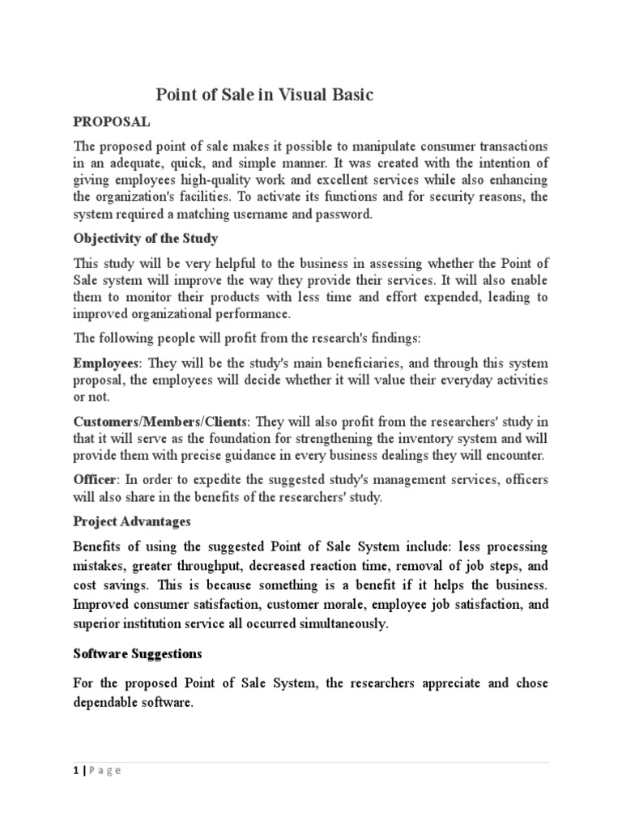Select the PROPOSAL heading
click(x=112, y=121)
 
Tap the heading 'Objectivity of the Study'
click(x=145, y=240)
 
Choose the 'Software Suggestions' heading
click(x=138, y=652)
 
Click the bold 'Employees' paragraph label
click(x=105, y=363)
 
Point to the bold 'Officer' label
click(x=95, y=479)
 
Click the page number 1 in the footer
click(x=76, y=771)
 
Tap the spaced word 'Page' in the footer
click(x=104, y=771)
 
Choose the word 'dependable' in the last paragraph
click(x=111, y=702)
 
